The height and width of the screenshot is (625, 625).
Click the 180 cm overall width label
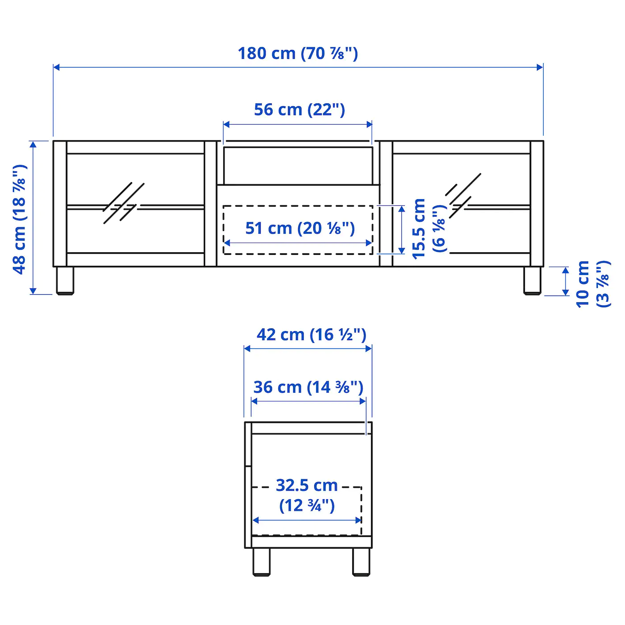click(298, 54)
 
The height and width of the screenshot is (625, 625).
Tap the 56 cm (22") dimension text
click(299, 110)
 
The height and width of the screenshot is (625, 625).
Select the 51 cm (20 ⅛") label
click(300, 228)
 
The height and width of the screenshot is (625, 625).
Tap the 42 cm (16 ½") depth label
click(311, 335)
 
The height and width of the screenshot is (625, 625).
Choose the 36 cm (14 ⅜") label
click(308, 387)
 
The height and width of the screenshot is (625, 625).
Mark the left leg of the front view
click(65, 280)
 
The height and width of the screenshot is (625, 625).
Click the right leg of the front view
click(532, 280)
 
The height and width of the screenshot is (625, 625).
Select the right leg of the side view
click(361, 561)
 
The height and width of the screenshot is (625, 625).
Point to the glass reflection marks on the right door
click(463, 195)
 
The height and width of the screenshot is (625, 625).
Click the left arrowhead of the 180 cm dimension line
click(56, 67)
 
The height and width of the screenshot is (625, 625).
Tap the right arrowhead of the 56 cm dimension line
click(369, 124)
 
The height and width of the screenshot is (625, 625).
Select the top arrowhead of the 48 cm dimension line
click(33, 144)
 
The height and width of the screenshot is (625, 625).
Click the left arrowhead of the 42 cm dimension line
click(247, 349)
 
